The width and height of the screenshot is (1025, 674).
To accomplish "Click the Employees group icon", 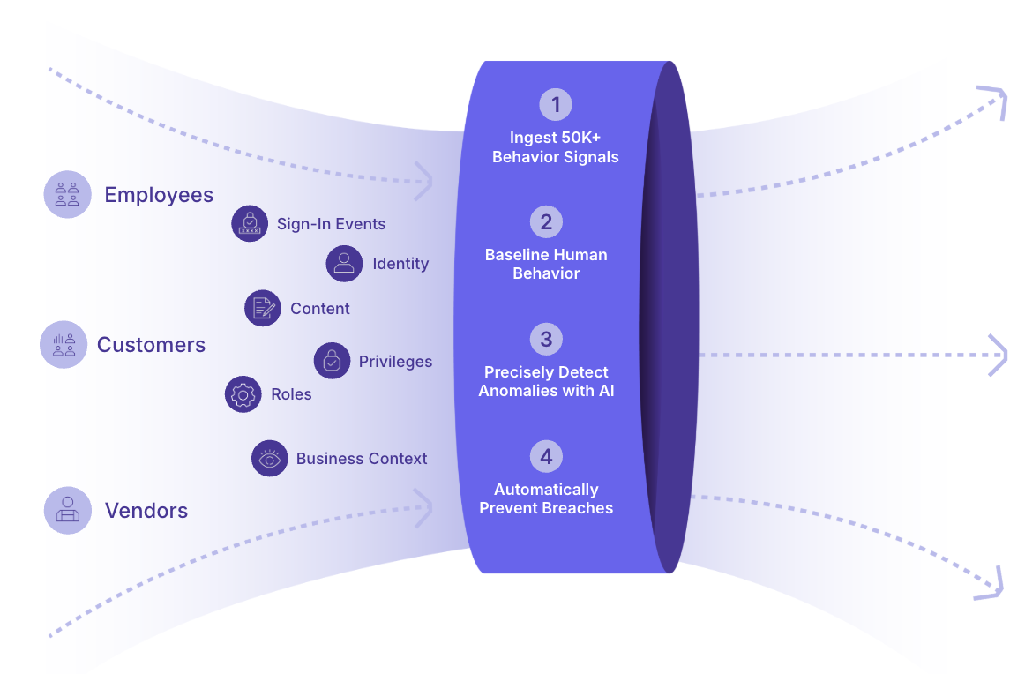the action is tap(67, 194).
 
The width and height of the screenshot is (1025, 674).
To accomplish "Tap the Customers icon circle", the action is tap(64, 345).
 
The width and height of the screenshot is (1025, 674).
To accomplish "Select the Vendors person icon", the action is tap(67, 510).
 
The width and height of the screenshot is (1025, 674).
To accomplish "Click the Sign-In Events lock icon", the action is tap(250, 223).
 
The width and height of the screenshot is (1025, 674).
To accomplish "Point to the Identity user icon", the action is tap(345, 264).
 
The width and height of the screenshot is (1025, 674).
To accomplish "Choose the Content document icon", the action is tap(263, 308).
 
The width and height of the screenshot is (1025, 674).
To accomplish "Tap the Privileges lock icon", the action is tap(332, 361).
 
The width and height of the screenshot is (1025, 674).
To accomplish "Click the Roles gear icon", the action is tap(243, 394).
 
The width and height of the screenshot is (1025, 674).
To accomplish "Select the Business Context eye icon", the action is tap(270, 458).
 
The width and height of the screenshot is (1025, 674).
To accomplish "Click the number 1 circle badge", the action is tap(556, 105).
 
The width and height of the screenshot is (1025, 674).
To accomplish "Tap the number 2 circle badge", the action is tap(547, 221).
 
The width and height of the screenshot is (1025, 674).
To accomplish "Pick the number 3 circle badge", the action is tap(547, 340).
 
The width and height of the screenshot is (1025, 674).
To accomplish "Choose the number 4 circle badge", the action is tap(547, 456).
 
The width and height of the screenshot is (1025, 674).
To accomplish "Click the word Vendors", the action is tap(146, 511).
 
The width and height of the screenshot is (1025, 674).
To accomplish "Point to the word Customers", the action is tap(151, 345).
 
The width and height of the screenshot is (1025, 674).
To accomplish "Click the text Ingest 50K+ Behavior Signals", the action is tap(556, 147).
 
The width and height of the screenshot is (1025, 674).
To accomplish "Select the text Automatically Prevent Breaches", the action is tap(547, 498).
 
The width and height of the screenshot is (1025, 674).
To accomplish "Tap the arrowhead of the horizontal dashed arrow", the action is tap(999, 355).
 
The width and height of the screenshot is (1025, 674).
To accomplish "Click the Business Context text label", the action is tap(362, 458).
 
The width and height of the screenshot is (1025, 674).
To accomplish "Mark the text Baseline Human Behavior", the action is tap(547, 264).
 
